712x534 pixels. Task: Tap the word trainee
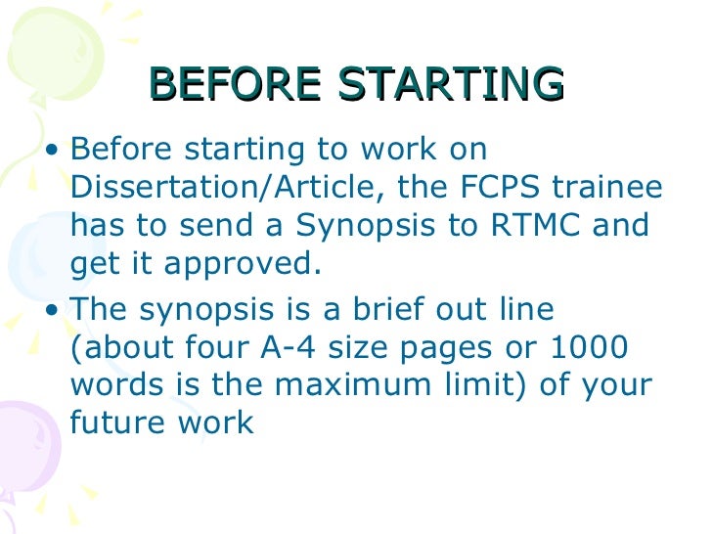(x=601, y=188)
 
